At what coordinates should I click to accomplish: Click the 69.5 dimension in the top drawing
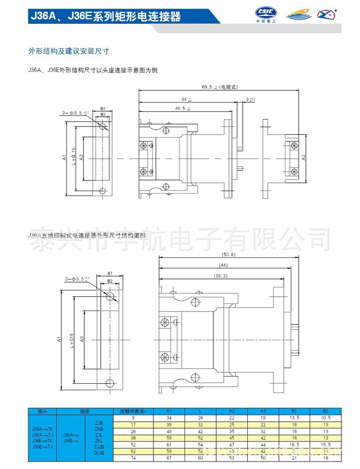pyautogui.click(x=208, y=86)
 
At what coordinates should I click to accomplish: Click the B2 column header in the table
pyautogui.click(x=325, y=411)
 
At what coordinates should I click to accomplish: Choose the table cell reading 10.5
pyautogui.click(x=325, y=418)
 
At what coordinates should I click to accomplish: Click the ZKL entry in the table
pyautogui.click(x=98, y=440)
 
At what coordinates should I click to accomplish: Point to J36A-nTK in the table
pyautogui.click(x=42, y=428)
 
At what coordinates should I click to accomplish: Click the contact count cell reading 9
pyautogui.click(x=133, y=418)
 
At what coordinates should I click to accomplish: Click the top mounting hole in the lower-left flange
pyautogui.click(x=110, y=296)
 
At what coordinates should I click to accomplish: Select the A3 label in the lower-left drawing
pyautogui.click(x=81, y=339)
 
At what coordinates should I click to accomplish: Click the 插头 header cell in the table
pyautogui.click(x=42, y=411)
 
